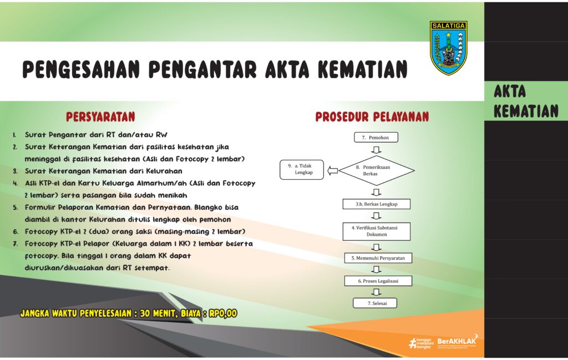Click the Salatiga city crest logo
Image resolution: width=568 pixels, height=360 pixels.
448,48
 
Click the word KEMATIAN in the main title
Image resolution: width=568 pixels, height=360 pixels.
363,69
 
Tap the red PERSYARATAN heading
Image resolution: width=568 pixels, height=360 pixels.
101,116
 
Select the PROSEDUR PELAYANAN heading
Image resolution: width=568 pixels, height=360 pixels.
372,116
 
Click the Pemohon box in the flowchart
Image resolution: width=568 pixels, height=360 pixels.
376,137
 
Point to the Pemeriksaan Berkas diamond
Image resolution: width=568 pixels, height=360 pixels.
377,171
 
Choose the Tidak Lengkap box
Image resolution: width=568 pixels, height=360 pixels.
302,170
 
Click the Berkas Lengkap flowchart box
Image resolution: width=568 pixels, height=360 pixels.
377,204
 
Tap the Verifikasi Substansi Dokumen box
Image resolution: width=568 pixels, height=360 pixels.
377,231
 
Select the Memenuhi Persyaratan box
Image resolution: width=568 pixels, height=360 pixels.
378,258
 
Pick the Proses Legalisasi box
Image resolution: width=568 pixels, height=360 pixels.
378,281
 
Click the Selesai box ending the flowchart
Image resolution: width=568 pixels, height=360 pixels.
375,303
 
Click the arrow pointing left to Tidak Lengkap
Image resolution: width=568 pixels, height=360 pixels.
333,171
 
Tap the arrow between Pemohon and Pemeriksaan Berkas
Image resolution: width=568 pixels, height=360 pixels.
377,150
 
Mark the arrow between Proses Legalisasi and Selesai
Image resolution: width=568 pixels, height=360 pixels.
377,292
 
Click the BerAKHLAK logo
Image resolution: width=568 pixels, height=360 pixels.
458,342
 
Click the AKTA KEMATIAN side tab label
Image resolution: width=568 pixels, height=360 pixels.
526,102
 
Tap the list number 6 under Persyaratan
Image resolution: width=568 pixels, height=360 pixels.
16,232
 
